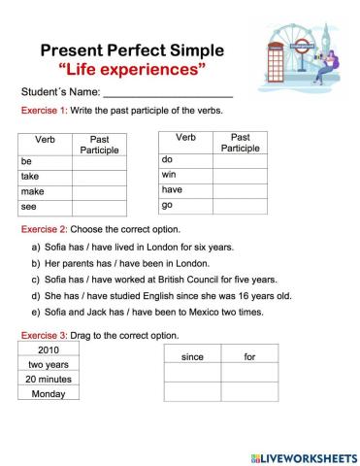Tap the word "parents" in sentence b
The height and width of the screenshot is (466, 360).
point(82,263)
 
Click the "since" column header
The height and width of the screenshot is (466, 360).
point(192,357)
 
